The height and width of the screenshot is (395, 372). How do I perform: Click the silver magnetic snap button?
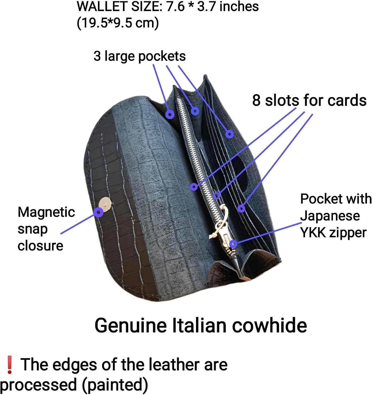point(105,204)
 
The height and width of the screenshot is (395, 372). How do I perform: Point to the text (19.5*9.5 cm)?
point(118,23)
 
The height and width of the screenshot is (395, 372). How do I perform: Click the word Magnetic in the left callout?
point(46,212)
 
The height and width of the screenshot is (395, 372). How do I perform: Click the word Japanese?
point(330,216)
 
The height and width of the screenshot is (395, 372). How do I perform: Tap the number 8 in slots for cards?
point(256,100)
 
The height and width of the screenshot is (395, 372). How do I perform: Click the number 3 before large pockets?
point(97,56)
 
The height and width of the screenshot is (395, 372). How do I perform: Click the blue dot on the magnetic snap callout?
point(98,212)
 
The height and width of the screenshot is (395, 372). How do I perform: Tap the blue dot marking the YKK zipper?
point(233,244)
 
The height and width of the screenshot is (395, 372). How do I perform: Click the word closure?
point(40,246)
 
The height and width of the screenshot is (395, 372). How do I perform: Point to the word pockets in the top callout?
point(162,56)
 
